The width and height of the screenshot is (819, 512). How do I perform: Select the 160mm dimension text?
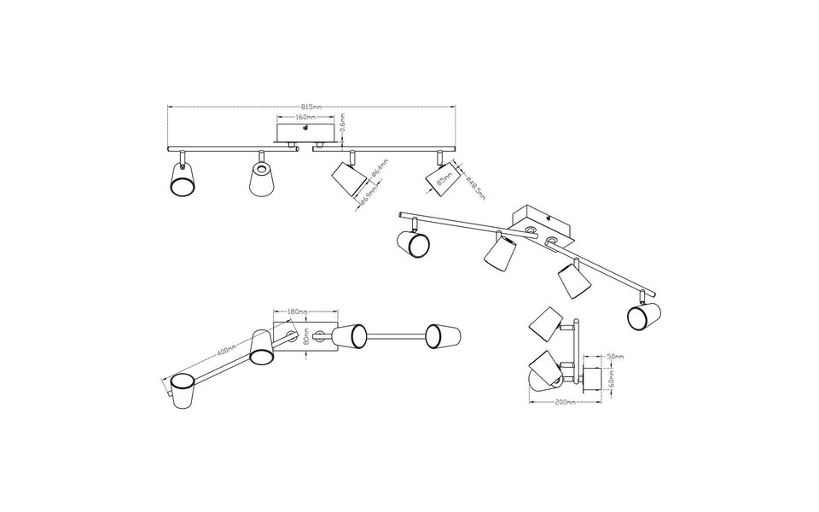tap(306, 116)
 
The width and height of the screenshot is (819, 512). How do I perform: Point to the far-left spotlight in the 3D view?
tap(413, 242)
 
